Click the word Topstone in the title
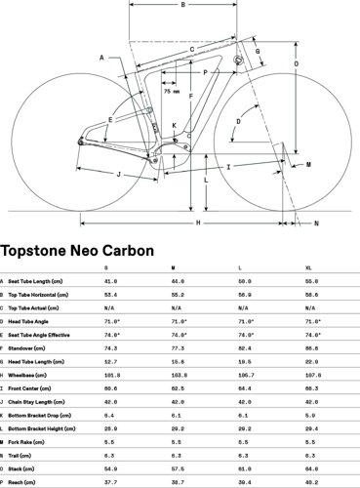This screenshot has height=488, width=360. [x=37, y=251]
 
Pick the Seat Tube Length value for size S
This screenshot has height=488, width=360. [x=110, y=280]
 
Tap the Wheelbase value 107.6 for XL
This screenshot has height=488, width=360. [x=312, y=374]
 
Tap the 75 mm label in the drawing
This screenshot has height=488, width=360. [x=171, y=92]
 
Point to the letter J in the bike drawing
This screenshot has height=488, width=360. [x=117, y=175]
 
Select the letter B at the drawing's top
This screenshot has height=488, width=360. [x=181, y=6]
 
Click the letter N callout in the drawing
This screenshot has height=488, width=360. [x=315, y=224]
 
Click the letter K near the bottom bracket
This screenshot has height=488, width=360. [x=175, y=126]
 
